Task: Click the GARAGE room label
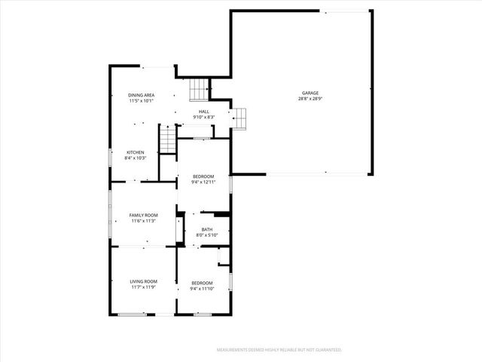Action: coord(310,93)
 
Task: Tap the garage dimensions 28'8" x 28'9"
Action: coord(310,99)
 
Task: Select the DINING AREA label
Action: coord(141,94)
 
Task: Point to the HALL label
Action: coord(203,111)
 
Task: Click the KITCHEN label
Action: coord(135,152)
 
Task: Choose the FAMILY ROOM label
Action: coord(143,215)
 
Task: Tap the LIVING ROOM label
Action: coord(143,281)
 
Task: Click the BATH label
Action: coord(206,229)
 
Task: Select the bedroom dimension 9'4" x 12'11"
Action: coord(203,183)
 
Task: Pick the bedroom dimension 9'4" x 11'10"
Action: coord(203,289)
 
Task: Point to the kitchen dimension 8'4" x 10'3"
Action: coord(135,158)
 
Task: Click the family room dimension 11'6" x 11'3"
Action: coord(143,221)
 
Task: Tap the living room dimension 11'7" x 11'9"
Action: coord(143,287)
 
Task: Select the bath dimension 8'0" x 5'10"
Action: coord(206,235)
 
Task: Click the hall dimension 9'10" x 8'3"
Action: coord(203,117)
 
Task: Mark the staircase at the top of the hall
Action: coord(198,90)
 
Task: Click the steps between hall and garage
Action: coord(239,118)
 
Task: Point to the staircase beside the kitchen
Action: coord(167,139)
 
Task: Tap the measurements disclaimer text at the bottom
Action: coord(279,350)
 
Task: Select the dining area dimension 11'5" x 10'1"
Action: coord(141,100)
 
